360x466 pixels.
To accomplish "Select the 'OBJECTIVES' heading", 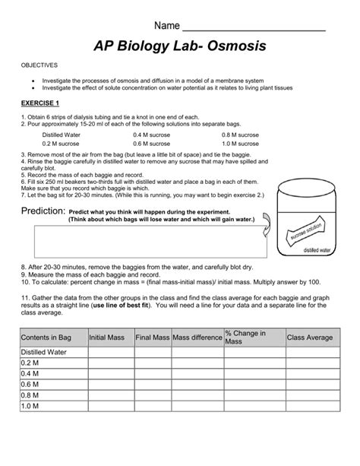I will pyautogui.click(x=39, y=66).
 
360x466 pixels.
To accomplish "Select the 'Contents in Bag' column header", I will pyautogui.click(x=46, y=337).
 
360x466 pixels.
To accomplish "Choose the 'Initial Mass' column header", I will pyautogui.click(x=107, y=337).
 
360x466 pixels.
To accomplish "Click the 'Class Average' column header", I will pyautogui.click(x=309, y=337).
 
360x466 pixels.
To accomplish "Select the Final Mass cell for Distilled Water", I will pyautogui.click(x=153, y=353).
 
